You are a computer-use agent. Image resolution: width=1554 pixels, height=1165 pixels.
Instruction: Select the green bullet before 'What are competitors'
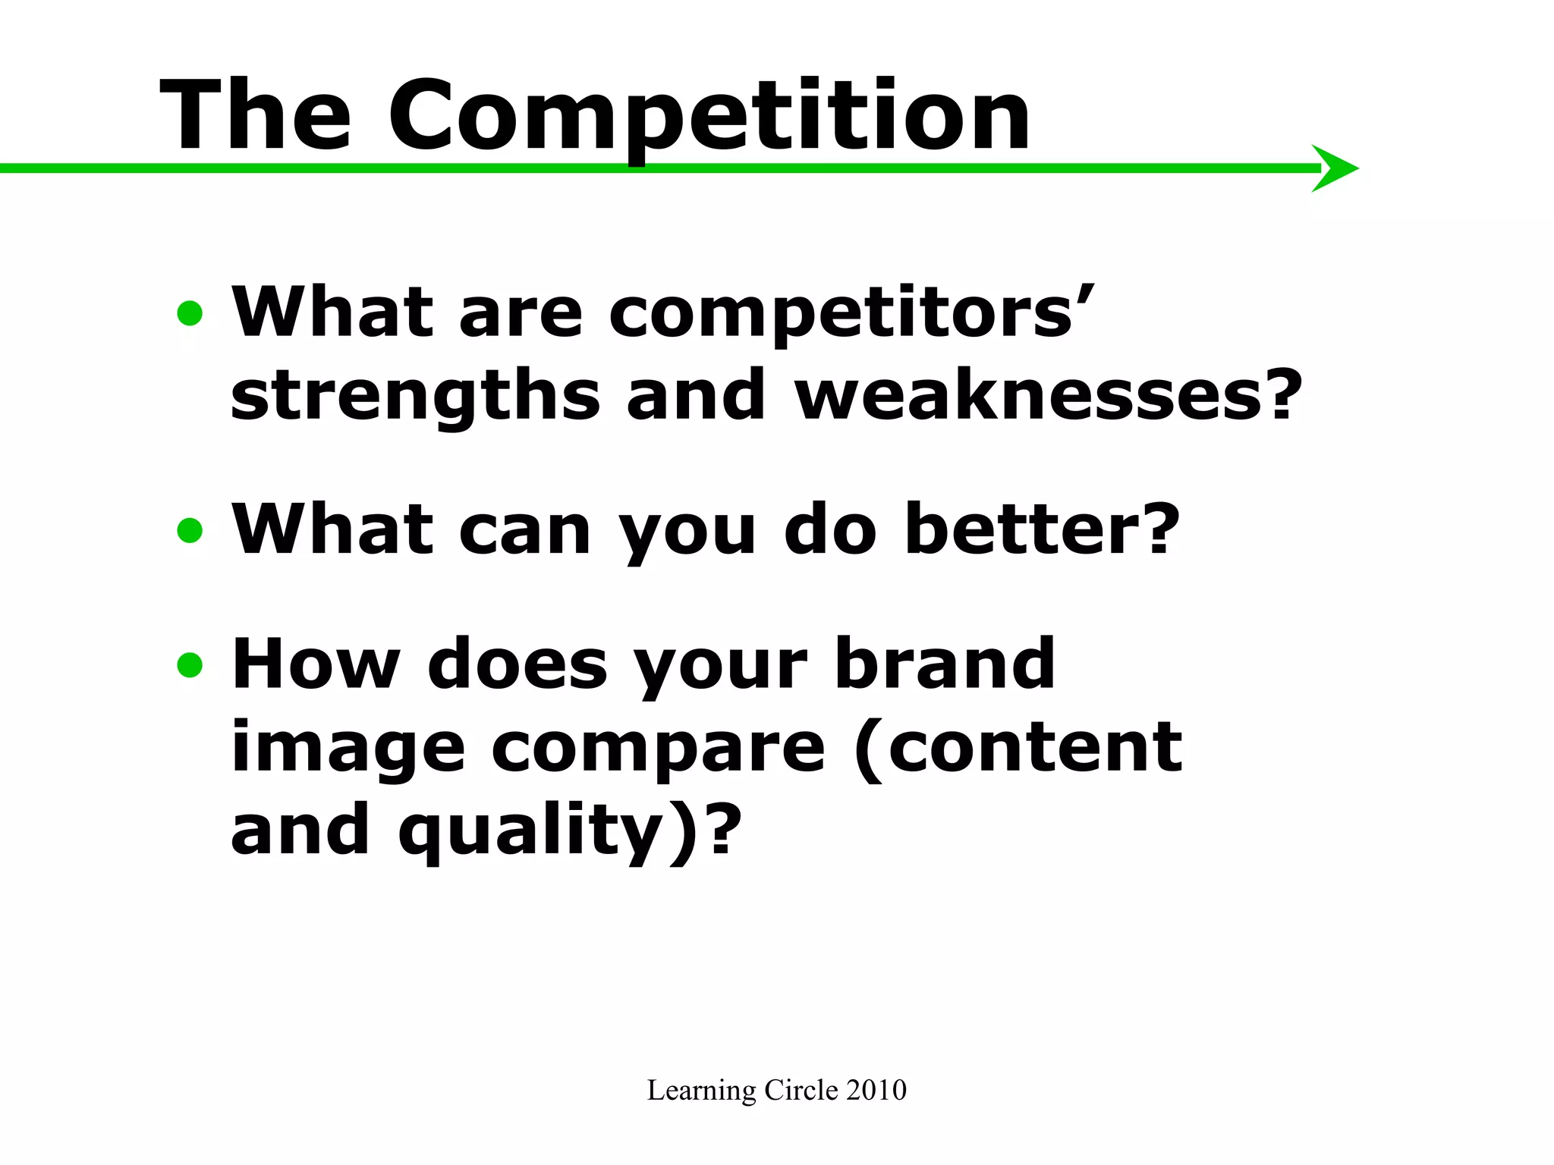[x=190, y=312]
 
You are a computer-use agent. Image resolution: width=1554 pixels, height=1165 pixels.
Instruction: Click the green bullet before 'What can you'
[x=190, y=530]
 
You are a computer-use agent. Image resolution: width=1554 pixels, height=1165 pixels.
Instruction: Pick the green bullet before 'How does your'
[x=190, y=665]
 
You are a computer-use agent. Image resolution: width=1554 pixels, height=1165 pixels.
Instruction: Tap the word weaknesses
[x=1047, y=396]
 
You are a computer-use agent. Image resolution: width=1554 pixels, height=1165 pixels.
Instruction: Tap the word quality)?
[x=569, y=831]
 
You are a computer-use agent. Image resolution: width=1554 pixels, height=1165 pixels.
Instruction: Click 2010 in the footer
[x=876, y=1090]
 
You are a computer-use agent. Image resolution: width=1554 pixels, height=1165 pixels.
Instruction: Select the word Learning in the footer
[x=701, y=1091]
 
